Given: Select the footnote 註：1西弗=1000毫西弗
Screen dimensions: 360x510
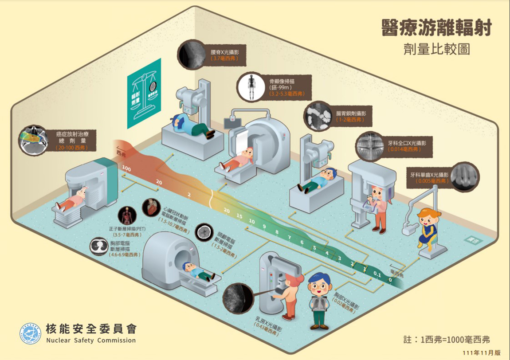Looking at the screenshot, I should pyautogui.click(x=447, y=340).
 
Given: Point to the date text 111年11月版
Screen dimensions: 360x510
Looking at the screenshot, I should pyautogui.click(x=481, y=353).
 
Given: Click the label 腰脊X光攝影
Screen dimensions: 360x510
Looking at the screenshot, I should pyautogui.click(x=224, y=52).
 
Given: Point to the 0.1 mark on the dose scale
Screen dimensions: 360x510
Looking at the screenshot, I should pyautogui.click(x=377, y=274).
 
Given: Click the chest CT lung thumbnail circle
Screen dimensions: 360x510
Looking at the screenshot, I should pyautogui.click(x=98, y=247).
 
